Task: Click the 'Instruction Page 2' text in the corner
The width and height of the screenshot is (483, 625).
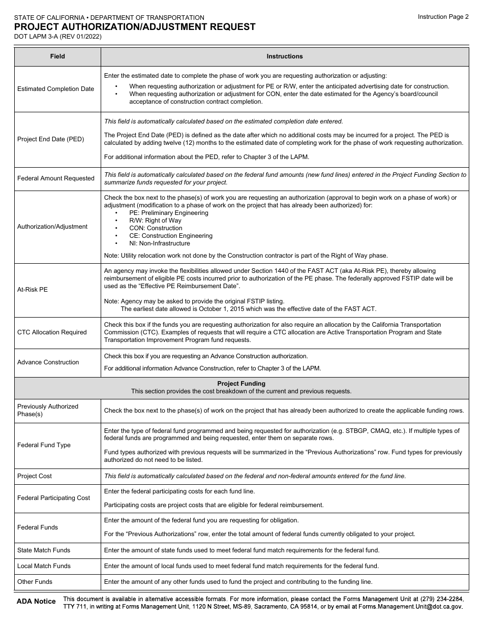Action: (443, 17)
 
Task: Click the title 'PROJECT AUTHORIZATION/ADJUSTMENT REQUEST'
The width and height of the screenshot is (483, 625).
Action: (135, 27)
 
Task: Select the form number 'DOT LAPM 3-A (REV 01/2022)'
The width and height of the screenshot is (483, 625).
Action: (61, 37)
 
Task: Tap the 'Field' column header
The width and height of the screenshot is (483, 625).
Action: (57, 56)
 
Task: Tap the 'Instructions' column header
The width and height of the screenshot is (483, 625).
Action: (284, 56)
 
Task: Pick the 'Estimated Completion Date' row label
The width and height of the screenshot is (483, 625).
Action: (55, 89)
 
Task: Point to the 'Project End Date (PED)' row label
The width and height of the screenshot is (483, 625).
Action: (50, 139)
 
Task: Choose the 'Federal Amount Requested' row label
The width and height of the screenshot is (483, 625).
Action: (56, 178)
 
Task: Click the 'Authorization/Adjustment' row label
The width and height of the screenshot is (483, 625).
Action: (52, 227)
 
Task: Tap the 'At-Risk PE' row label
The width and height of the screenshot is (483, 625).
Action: (33, 290)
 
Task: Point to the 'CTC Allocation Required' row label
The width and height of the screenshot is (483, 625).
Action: (52, 332)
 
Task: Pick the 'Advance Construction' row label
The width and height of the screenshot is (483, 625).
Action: (48, 362)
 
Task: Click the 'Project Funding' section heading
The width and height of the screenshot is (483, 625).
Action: (241, 384)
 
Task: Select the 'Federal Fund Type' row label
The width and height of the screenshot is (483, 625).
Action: (44, 445)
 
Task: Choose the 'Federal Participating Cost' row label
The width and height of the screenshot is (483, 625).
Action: (53, 498)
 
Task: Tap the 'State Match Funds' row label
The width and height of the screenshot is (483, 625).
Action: (44, 550)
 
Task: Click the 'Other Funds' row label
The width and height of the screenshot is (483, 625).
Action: (35, 582)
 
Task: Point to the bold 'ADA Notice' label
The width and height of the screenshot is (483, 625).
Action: (36, 601)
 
